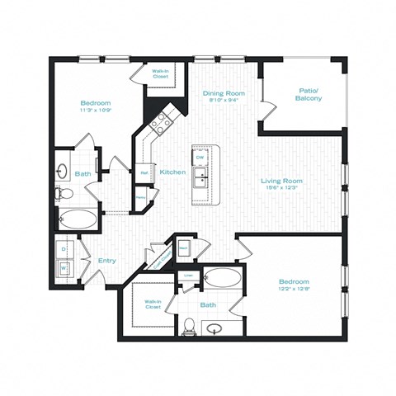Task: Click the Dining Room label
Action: tap(220, 93)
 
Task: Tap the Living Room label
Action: tap(281, 181)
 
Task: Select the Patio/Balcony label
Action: tap(308, 94)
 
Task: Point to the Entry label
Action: tap(107, 261)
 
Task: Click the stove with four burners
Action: tap(159, 123)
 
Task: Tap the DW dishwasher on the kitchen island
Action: tap(199, 157)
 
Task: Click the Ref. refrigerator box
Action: tap(144, 173)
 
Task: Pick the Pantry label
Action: tap(141, 198)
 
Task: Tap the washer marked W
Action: tap(64, 267)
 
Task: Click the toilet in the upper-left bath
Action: tap(65, 194)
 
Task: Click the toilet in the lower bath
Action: tap(189, 324)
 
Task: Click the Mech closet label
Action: tap(184, 246)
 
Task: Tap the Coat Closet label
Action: tap(154, 258)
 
